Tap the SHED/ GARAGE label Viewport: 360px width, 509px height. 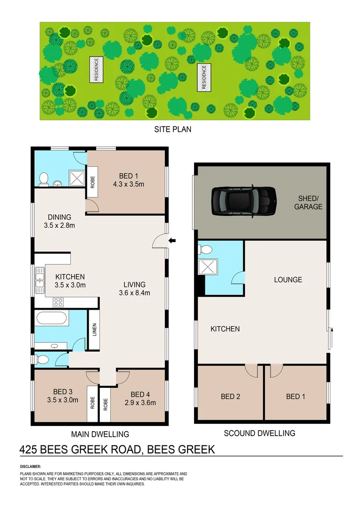pyautogui.click(x=308, y=203)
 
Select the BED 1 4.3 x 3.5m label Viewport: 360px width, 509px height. pyautogui.click(x=125, y=181)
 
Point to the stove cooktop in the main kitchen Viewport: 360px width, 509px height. pyautogui.click(x=59, y=302)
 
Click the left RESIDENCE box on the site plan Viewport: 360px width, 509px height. pyautogui.click(x=96, y=70)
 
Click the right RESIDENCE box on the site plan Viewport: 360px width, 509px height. pyautogui.click(x=204, y=77)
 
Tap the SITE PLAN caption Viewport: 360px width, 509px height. pyautogui.click(x=173, y=129)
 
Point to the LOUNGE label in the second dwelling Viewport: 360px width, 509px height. pyautogui.click(x=288, y=279)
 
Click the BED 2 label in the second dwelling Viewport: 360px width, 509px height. pyautogui.click(x=230, y=396)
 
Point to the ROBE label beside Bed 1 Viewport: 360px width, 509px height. pyautogui.click(x=92, y=182)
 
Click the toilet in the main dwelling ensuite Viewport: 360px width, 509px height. pyautogui.click(x=44, y=178)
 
